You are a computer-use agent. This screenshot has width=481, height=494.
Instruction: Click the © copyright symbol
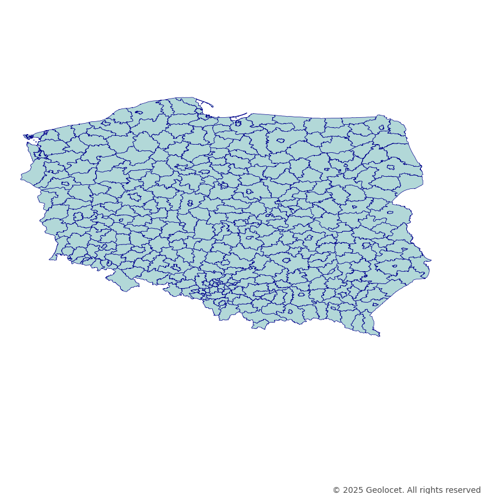(336, 490)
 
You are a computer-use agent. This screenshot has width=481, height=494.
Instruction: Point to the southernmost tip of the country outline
(379, 336)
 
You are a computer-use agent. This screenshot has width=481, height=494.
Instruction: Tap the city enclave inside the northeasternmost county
(381, 128)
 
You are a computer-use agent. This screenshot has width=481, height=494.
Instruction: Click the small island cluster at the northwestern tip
(29, 137)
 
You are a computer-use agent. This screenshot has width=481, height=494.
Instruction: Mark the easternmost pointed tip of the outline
(430, 260)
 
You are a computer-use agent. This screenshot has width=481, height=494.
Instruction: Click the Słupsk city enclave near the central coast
(138, 113)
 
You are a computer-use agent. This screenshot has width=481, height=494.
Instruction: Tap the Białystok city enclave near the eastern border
(390, 167)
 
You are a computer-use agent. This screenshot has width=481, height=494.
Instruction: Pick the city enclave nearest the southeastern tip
(375, 304)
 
